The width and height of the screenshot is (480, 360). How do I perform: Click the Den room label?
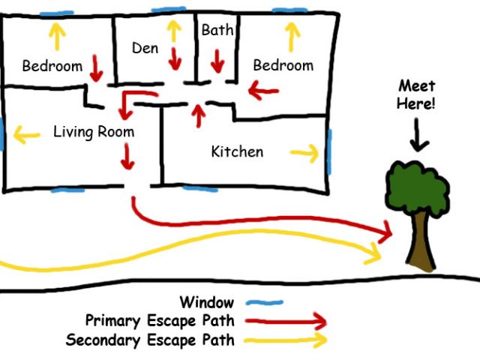coord(145,48)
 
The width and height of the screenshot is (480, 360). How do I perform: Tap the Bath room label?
coord(217,31)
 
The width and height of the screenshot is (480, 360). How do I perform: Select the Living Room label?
coord(94,132)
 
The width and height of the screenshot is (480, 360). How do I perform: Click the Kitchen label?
coord(237,151)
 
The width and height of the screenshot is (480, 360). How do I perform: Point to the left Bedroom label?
coord(52,66)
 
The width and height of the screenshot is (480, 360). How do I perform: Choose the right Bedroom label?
coord(283,65)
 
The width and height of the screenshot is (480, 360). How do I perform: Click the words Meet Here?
coord(416,94)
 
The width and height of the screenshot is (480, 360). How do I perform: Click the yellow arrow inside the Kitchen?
coord(304,154)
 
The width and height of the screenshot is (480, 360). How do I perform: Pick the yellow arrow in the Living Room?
coord(26,136)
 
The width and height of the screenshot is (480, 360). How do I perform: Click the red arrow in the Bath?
coord(217,61)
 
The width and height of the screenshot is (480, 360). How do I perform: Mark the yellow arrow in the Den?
coord(174,30)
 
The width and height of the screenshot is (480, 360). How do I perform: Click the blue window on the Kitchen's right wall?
coord(328,146)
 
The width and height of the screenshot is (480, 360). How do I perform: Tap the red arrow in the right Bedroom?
coord(263,92)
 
